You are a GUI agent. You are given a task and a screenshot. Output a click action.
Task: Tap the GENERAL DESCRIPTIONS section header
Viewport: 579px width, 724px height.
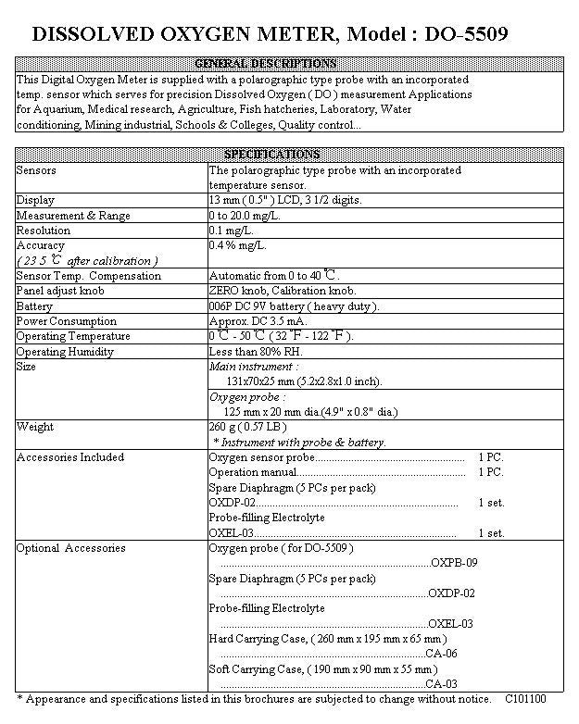[265, 64]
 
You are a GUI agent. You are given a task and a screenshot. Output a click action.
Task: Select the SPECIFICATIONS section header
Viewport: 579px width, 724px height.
[271, 155]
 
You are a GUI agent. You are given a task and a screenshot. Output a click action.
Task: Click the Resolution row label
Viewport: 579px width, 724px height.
[43, 231]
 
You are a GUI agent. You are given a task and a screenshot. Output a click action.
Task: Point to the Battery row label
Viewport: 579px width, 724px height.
[34, 306]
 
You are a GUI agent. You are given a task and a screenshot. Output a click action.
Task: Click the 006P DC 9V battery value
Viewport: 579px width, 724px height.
[294, 306]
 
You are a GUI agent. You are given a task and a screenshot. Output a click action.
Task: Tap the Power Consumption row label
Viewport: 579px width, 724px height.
[66, 321]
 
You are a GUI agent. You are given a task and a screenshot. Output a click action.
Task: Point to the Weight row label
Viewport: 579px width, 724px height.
[35, 427]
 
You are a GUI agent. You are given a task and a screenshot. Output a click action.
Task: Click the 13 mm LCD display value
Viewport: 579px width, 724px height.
[285, 200]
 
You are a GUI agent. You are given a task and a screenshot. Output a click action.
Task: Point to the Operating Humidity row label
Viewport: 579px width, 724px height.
[65, 352]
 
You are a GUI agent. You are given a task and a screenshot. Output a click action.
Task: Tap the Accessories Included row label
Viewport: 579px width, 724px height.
[69, 457]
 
